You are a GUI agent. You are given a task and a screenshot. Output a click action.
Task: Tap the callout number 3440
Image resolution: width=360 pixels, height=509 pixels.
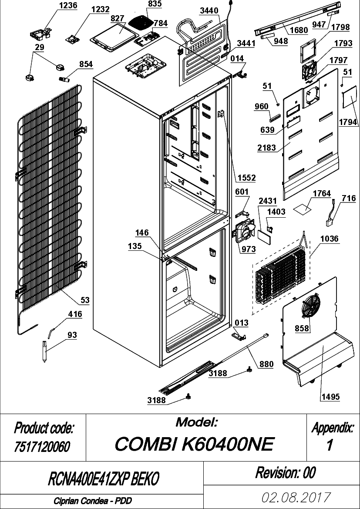tap(209, 11)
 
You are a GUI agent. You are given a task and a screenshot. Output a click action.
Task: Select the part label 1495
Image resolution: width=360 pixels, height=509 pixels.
tap(331, 396)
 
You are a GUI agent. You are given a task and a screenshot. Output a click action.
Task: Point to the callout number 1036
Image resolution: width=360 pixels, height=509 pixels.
tap(330, 239)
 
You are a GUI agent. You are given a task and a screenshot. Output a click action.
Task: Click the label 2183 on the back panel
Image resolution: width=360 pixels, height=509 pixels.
tap(266, 148)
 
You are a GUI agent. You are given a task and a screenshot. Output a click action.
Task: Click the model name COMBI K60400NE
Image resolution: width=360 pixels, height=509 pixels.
tap(195, 444)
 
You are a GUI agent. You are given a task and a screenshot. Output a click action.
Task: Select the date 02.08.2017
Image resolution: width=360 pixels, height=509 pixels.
tap(296, 497)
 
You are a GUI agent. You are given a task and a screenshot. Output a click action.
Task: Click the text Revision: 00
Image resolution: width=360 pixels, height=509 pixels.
tap(285, 473)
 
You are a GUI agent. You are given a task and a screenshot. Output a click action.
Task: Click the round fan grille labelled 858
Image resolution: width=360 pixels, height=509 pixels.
tap(311, 306)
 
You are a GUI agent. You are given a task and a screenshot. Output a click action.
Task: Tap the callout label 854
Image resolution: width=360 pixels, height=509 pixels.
tap(86, 64)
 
